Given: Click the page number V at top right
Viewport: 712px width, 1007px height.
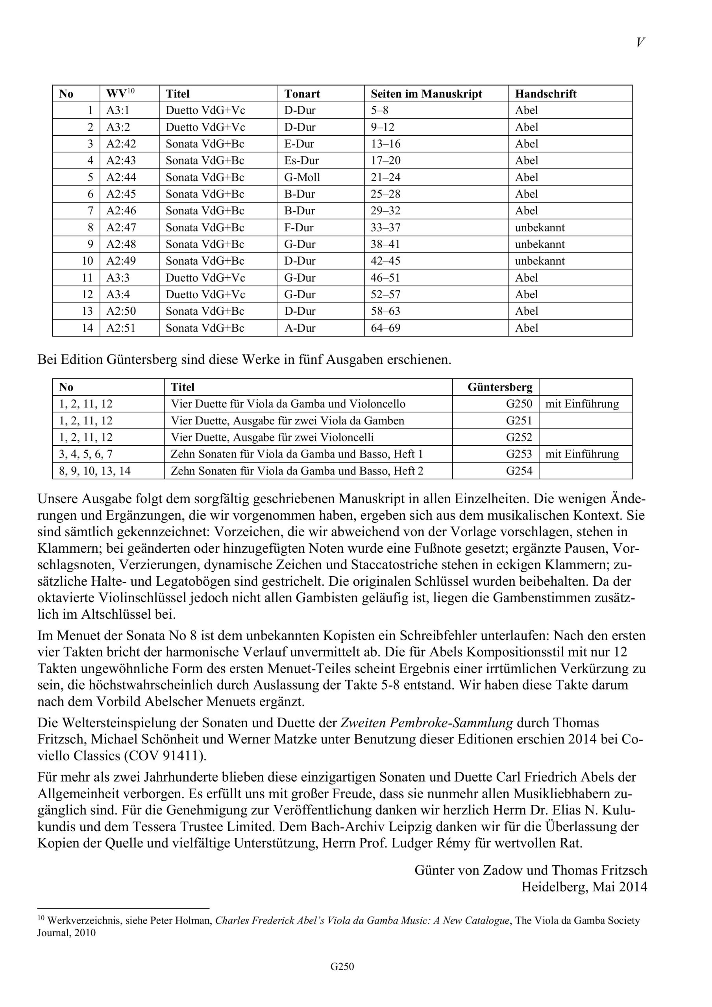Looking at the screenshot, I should [x=640, y=42].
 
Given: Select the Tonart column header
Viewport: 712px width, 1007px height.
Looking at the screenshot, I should [x=302, y=94].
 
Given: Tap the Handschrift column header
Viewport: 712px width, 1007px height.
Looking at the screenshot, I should [x=546, y=94].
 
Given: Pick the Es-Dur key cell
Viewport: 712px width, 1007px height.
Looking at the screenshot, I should [x=301, y=160].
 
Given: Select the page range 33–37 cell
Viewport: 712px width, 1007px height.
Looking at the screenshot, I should [x=385, y=228].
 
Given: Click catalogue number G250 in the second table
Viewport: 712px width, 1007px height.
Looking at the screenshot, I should [x=519, y=404].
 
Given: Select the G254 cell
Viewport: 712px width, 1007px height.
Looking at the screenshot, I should [x=519, y=471].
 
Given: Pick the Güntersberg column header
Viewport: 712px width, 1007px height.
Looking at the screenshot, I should [x=500, y=387].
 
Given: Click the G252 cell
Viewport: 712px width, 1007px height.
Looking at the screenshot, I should [x=519, y=437].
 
